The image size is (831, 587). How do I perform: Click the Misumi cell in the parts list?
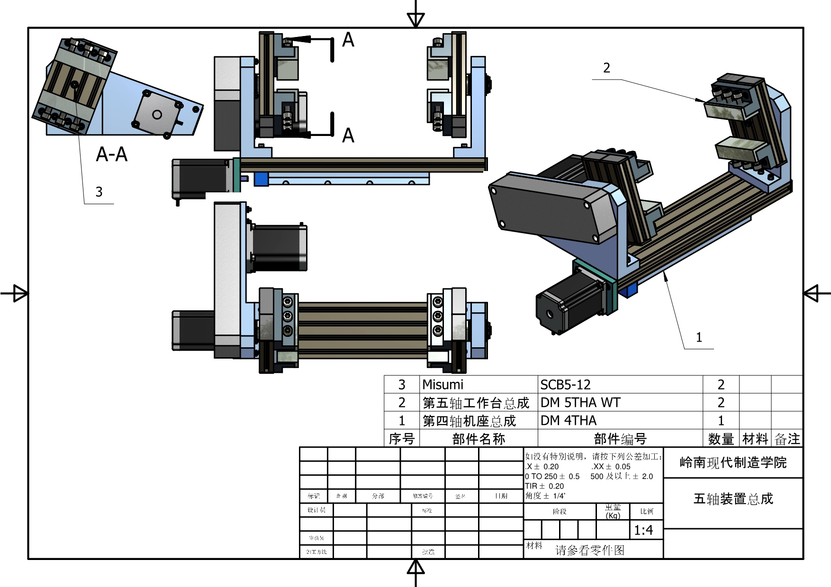443,385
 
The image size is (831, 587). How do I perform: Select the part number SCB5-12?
565,385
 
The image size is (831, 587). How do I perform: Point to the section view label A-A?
111,154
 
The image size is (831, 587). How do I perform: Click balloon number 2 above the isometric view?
606,68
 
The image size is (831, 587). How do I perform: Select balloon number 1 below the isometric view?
699,337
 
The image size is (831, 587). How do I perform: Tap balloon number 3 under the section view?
99,192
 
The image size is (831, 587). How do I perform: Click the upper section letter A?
348,40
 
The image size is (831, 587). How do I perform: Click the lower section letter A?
348,136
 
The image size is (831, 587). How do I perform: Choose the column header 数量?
721,439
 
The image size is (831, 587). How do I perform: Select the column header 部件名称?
479,439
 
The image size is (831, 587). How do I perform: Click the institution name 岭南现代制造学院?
733,462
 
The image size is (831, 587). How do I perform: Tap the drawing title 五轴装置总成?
733,499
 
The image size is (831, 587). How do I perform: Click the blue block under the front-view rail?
261,179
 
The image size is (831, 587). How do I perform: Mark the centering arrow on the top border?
415,19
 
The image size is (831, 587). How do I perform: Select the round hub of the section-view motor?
157,114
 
